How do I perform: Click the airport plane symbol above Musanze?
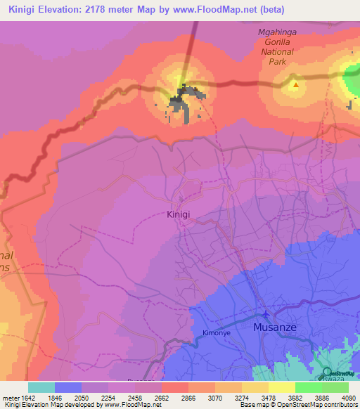[x=265, y=313]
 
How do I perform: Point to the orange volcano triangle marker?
[x=295, y=86]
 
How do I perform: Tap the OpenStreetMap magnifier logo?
[x=326, y=373]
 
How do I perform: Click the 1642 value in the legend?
[x=27, y=397]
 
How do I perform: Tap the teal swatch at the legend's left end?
[x=41, y=387]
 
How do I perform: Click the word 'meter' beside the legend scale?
[x=10, y=397]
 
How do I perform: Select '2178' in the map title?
[x=107, y=11]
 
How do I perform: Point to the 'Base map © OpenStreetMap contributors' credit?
[x=296, y=405]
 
